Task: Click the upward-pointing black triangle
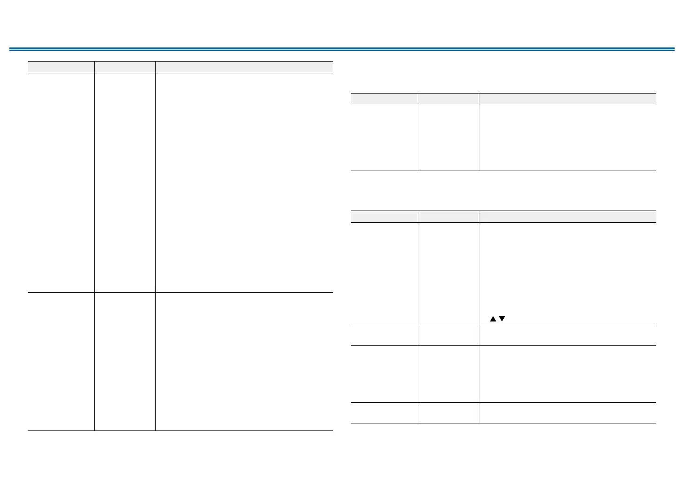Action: click(493, 319)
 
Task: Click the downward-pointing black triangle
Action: click(502, 319)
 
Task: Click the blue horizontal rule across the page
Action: click(342, 49)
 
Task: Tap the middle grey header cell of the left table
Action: click(124, 67)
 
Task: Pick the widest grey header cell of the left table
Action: click(244, 67)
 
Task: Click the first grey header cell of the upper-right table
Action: click(384, 99)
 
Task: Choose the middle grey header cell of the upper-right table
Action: click(448, 99)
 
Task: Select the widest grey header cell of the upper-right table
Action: click(567, 99)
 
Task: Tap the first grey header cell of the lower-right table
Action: click(384, 216)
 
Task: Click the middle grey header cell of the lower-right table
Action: click(448, 216)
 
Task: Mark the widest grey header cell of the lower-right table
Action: click(567, 216)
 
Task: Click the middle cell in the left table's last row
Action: click(124, 361)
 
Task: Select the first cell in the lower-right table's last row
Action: click(384, 413)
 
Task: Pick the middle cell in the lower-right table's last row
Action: click(448, 413)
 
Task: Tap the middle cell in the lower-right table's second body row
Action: click(448, 335)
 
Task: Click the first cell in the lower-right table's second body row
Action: click(384, 335)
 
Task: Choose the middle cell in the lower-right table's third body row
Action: click(448, 374)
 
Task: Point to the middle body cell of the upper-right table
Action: click(448, 138)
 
